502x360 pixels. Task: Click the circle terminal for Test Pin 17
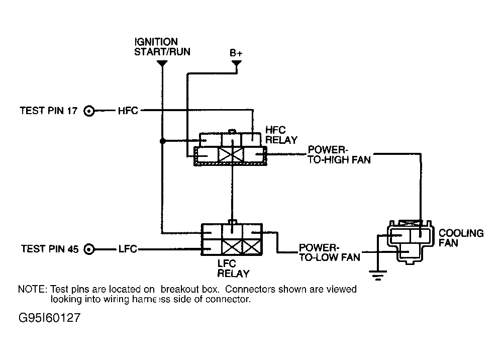[89, 111]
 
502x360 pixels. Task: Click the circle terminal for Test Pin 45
[89, 249]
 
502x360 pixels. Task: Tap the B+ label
[236, 53]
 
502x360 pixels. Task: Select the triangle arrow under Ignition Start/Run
[162, 64]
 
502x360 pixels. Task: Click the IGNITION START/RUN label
[162, 46]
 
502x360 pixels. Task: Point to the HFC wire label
[128, 111]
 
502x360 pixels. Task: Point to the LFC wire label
[127, 249]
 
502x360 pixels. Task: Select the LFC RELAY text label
[233, 268]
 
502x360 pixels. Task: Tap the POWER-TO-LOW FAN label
[329, 252]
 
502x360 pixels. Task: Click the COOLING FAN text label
[461, 238]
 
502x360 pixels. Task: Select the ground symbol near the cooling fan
[377, 274]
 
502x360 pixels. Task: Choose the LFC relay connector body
[232, 239]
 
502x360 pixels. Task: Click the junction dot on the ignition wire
[162, 141]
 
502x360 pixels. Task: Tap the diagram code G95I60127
[49, 318]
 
